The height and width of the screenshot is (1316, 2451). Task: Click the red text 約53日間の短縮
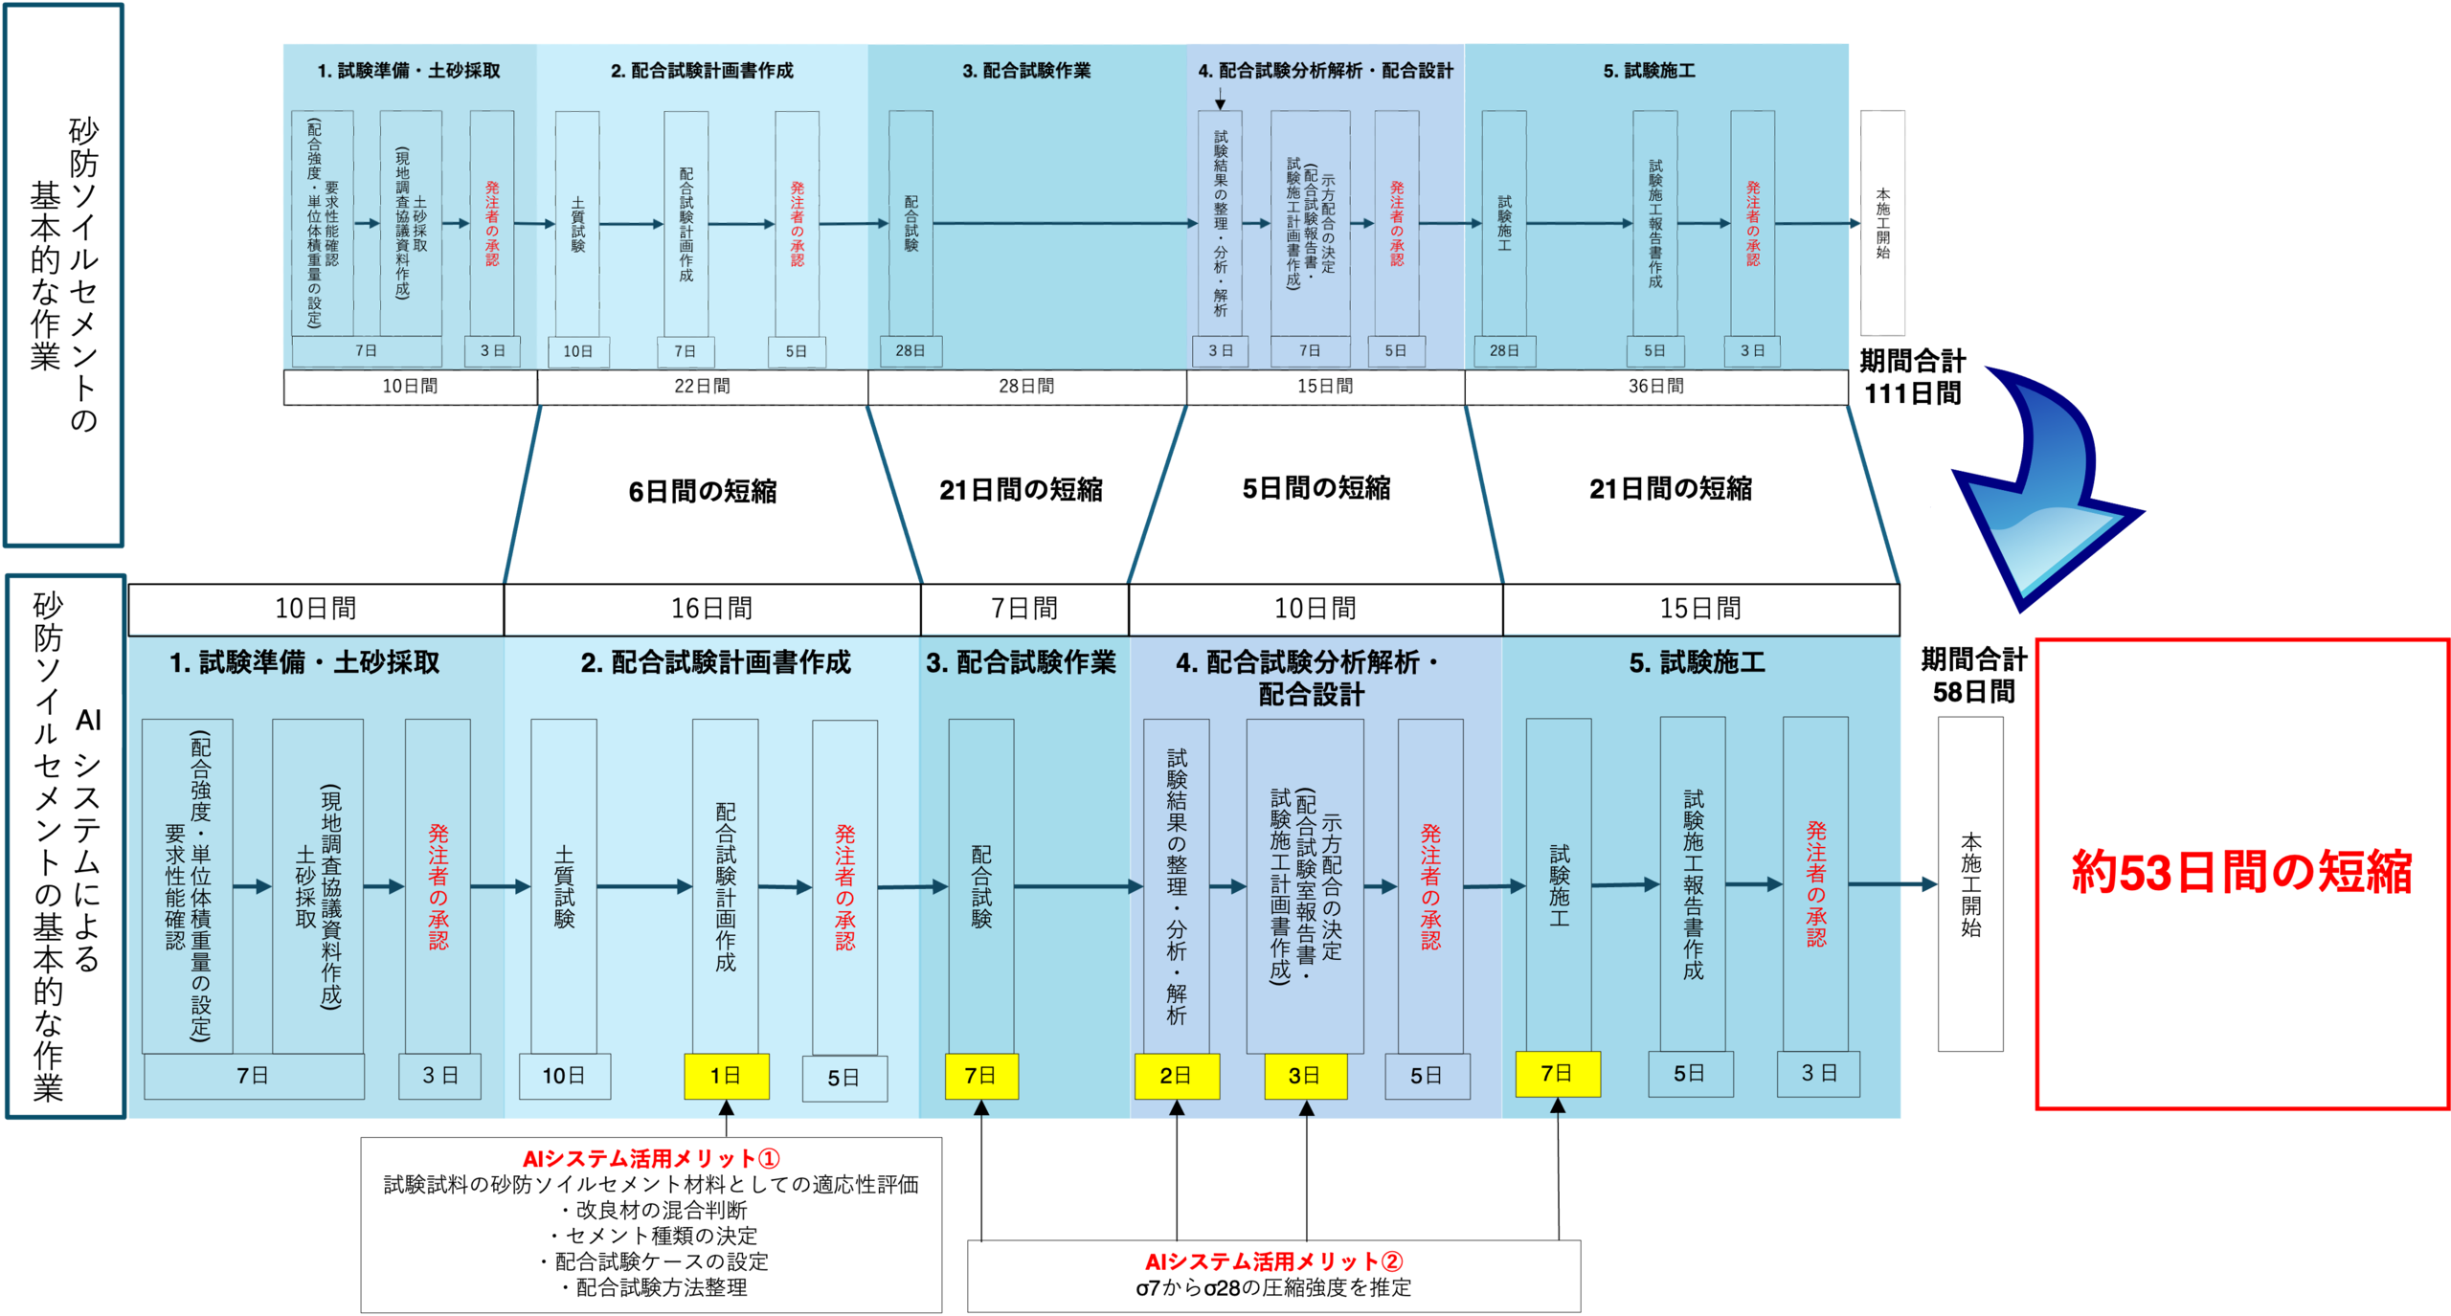coord(2240,872)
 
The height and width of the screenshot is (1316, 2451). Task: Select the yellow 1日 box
coord(727,1076)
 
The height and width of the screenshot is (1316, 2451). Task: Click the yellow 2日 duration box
coord(1177,1076)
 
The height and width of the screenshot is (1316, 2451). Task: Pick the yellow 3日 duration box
coord(1305,1076)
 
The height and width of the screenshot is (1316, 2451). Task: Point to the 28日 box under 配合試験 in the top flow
coord(911,351)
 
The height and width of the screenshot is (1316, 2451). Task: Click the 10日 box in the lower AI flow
coord(564,1076)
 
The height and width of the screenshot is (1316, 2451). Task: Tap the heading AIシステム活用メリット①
coord(651,1159)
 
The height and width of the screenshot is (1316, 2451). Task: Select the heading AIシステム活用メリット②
coord(1273,1261)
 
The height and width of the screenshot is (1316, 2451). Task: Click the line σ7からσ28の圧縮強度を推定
coord(1273,1288)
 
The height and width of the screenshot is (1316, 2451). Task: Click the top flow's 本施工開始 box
coord(1882,223)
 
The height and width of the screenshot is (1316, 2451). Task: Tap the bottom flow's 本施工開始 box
coord(1970,884)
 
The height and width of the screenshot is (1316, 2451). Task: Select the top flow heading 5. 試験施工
coord(1649,71)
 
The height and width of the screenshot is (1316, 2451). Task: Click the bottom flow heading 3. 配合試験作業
coord(1021,662)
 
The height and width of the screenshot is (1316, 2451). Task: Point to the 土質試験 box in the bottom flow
coord(564,886)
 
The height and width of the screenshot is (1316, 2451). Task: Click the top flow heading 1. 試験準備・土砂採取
coord(409,71)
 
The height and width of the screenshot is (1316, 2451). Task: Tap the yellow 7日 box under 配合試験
coord(981,1076)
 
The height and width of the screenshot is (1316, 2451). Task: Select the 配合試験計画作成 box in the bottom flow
coord(726,886)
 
